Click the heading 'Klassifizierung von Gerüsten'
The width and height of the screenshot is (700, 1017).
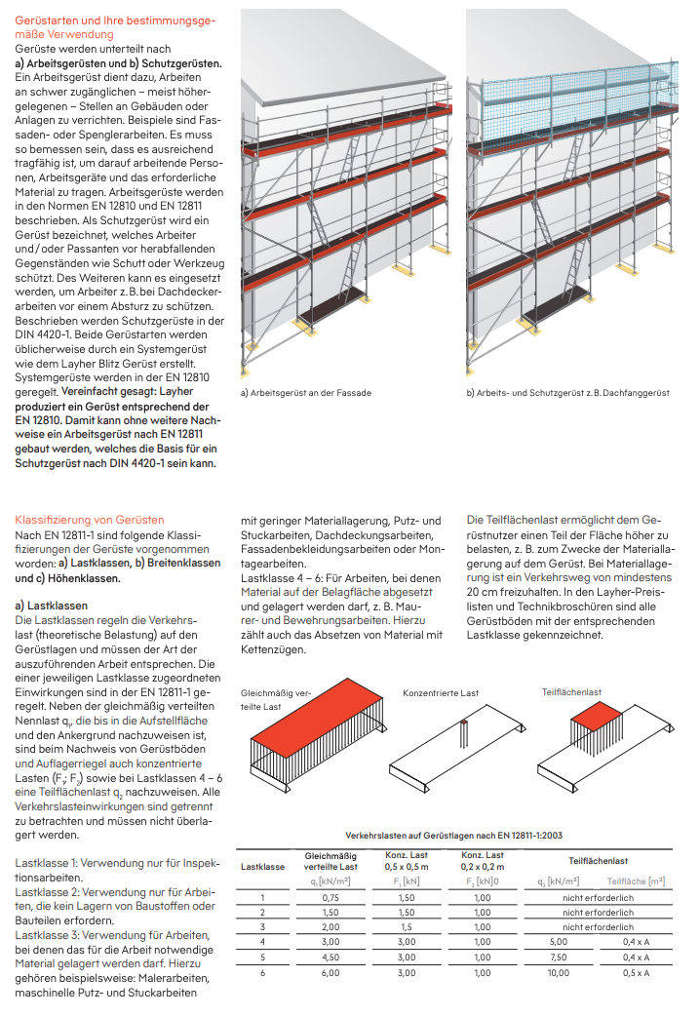(x=90, y=520)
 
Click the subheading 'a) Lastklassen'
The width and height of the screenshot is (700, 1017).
(x=52, y=606)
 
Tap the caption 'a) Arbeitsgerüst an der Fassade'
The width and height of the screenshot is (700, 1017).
(x=306, y=392)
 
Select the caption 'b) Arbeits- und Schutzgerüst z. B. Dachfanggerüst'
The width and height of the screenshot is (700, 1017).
(x=567, y=392)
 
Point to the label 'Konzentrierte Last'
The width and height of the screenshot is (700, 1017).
(x=441, y=692)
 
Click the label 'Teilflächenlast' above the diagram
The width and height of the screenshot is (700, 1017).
(x=571, y=692)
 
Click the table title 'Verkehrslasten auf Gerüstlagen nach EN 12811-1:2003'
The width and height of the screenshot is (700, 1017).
(x=454, y=836)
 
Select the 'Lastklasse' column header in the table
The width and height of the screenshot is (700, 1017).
(x=262, y=867)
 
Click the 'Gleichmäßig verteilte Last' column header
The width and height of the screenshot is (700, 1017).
(x=331, y=861)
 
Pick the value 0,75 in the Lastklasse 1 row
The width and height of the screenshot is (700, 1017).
(x=331, y=898)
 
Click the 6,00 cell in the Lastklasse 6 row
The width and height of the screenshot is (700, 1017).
(x=331, y=973)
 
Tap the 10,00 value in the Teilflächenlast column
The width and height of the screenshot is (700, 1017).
(x=559, y=973)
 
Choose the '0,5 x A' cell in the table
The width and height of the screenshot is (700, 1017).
(x=636, y=973)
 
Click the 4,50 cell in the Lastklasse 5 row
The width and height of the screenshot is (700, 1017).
(x=331, y=958)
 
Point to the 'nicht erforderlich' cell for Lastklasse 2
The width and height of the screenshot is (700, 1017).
(x=599, y=913)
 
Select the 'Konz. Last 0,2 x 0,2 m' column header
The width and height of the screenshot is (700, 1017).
(x=483, y=861)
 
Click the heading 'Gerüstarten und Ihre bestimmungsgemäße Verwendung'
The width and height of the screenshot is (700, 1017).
(x=115, y=27)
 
